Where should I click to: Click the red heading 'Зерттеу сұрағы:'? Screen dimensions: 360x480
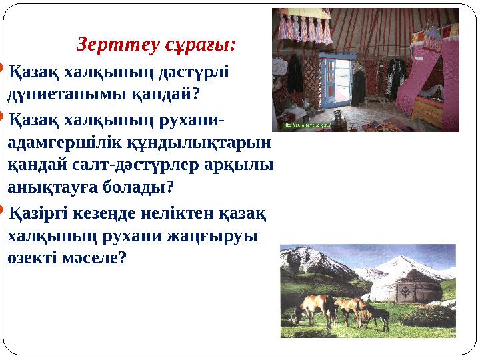157,45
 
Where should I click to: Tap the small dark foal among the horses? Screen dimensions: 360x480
379,317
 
